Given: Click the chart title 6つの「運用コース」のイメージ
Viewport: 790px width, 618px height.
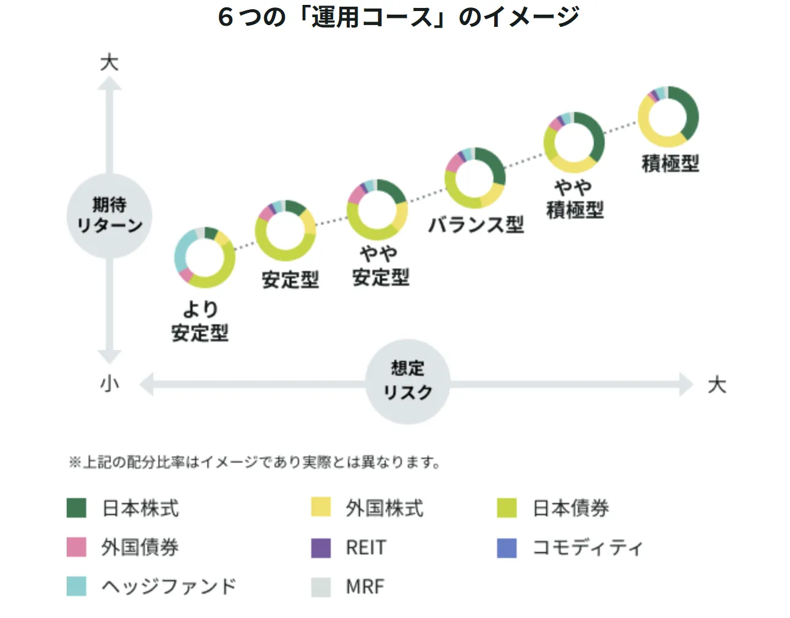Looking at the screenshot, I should click(398, 17).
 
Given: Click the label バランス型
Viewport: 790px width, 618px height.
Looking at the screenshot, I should click(476, 225).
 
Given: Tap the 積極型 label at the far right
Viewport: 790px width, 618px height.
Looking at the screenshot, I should click(670, 163).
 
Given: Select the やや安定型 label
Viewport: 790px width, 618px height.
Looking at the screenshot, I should click(380, 266).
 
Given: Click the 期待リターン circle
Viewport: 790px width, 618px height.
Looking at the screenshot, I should click(109, 215).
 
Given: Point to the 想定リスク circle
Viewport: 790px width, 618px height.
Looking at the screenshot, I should click(408, 381).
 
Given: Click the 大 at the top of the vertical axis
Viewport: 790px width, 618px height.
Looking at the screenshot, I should click(109, 62).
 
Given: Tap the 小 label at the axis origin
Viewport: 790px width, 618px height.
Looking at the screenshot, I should click(109, 384).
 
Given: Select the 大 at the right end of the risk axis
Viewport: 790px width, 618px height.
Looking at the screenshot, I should click(717, 385).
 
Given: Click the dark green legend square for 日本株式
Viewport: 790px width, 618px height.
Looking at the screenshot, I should click(76, 508).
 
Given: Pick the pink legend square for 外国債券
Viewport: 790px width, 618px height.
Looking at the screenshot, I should click(76, 547).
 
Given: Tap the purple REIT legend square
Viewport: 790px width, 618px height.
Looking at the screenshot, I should click(321, 547).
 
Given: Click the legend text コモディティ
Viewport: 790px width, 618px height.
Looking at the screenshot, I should click(587, 547).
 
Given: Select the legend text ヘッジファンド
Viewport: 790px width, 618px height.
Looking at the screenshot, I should click(169, 586).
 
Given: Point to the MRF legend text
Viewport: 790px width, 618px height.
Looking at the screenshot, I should click(365, 586).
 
